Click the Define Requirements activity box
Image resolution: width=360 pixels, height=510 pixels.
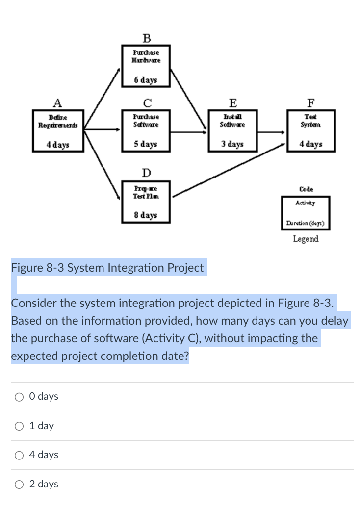coord(58,131)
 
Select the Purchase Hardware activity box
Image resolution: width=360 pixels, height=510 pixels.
coord(146,65)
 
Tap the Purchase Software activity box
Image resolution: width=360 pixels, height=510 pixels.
coord(146,131)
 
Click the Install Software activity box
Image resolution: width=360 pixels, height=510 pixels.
coord(233,131)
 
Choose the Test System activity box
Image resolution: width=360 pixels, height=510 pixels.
coord(310,131)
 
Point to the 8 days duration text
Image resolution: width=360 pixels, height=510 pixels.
coord(146,215)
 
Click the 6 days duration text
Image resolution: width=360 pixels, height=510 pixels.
coord(146,80)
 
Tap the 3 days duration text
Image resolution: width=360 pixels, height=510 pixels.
coord(232,145)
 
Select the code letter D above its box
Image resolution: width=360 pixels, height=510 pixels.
coord(146,173)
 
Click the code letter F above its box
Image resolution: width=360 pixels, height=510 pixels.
coord(310,103)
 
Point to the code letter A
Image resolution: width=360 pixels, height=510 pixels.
coord(57,103)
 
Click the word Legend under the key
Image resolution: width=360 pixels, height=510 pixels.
coord(306,239)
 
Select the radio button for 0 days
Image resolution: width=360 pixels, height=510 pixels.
coord(20,397)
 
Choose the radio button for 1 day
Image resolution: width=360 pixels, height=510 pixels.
coord(20,426)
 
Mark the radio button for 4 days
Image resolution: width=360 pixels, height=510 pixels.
coord(20,455)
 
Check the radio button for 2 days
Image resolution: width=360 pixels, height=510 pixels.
coord(20,484)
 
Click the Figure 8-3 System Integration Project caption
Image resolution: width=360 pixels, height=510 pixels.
coord(107,268)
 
